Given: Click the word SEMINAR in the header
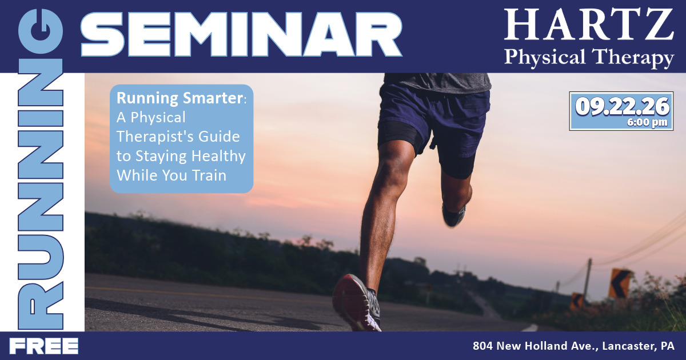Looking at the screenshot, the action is click(x=241, y=34).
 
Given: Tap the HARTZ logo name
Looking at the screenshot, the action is click(x=589, y=25).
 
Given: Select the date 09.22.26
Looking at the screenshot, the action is click(x=622, y=106).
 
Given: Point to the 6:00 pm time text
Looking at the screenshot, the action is click(x=647, y=122).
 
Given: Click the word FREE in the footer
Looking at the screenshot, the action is click(x=44, y=346).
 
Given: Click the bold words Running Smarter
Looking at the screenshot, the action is click(x=180, y=98).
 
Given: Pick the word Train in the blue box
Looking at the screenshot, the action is click(x=209, y=175).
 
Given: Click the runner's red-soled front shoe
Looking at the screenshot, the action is click(x=357, y=302).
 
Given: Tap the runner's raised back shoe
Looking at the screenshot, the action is click(x=454, y=215).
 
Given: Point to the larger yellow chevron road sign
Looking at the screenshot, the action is click(x=619, y=283).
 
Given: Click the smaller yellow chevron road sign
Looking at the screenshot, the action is click(x=577, y=301).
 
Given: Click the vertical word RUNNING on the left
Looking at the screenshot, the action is click(x=41, y=169).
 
